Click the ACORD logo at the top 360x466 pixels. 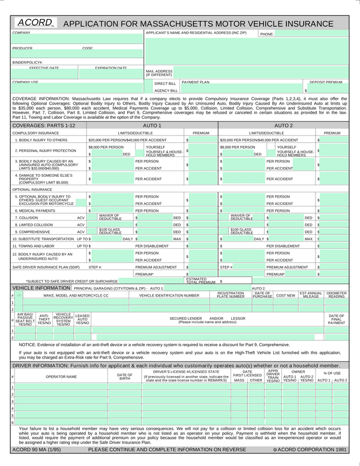35,23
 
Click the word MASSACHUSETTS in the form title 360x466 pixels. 177,24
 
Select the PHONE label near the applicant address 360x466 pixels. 267,34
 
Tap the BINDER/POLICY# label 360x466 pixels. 28,62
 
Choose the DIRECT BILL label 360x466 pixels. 165,83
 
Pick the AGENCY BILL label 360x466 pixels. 165,90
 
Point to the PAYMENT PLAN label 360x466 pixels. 195,82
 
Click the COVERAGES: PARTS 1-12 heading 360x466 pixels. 43,126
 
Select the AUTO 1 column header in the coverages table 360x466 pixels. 152,126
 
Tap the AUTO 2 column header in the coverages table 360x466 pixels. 283,126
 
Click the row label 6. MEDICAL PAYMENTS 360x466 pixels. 35,210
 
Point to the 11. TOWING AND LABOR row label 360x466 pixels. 34,246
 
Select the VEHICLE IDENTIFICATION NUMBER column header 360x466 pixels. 169,295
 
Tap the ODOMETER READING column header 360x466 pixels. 336,294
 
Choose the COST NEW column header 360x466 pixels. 285,295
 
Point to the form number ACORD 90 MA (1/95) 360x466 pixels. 37,449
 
